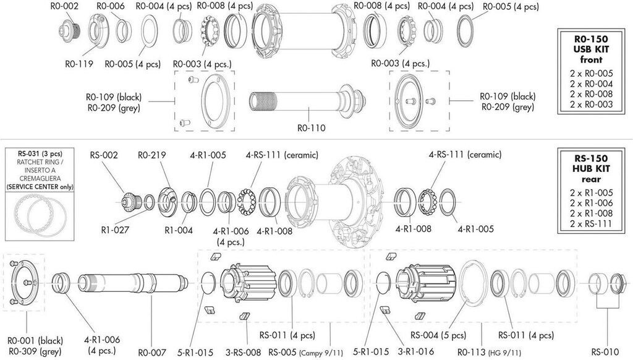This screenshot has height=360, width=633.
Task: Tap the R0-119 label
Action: [x=79, y=63]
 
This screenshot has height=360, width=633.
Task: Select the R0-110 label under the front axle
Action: [x=311, y=128]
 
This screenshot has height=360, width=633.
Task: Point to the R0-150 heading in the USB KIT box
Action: [x=591, y=38]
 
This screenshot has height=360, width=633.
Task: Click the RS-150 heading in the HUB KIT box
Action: [x=591, y=157]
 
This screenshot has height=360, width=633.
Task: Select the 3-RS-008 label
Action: [x=245, y=353]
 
